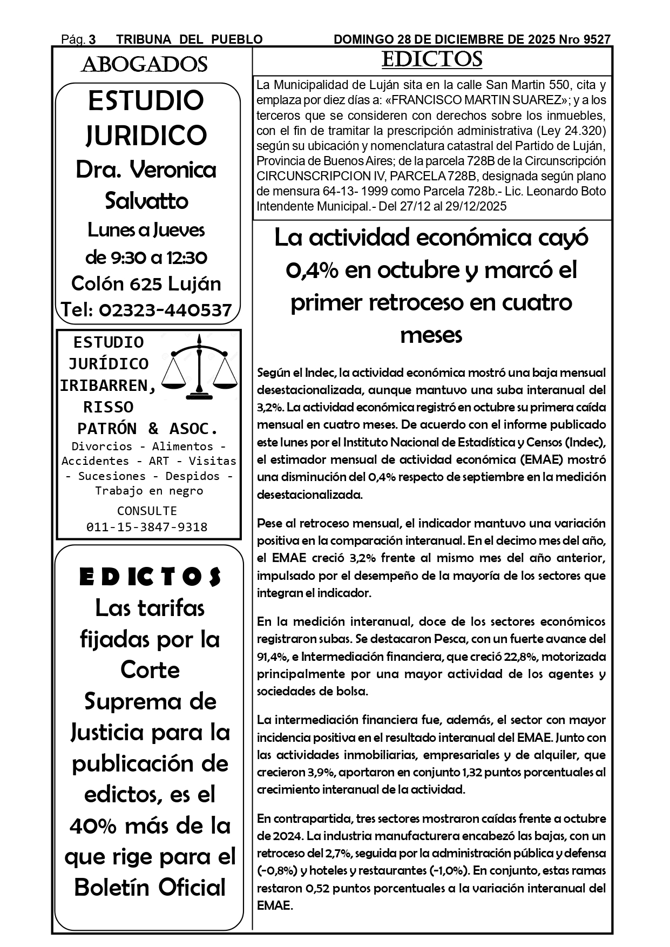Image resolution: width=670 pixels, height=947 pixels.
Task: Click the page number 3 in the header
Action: click(92, 39)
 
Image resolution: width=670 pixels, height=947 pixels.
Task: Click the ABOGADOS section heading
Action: click(144, 65)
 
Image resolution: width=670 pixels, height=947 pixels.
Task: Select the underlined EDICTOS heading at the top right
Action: click(431, 59)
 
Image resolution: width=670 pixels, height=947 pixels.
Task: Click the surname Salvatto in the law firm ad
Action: click(146, 201)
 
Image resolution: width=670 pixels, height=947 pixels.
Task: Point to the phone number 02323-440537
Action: click(166, 310)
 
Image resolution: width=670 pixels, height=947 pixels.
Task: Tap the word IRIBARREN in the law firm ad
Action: click(108, 385)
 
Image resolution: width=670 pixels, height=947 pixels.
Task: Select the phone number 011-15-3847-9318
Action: click(147, 527)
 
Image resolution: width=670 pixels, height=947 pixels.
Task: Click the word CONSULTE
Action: click(147, 511)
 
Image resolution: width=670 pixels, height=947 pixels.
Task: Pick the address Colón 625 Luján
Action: click(146, 283)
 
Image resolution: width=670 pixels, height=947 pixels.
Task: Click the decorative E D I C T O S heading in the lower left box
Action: click(150, 577)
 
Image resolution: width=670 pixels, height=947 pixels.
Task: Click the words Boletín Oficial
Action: click(150, 888)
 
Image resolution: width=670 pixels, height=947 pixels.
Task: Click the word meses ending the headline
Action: click(431, 335)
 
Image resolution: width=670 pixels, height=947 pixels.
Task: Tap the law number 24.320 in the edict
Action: click(585, 131)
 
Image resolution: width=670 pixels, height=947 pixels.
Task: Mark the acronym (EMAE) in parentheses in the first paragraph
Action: click(540, 459)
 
